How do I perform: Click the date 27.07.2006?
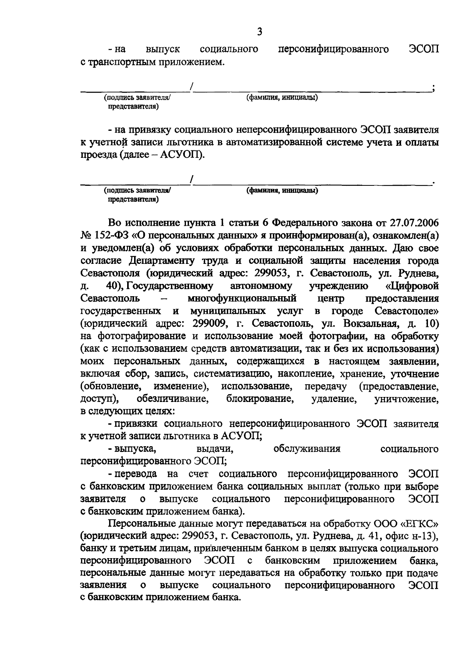414,223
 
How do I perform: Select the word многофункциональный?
242,298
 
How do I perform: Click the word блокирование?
260,399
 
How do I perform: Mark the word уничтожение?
406,399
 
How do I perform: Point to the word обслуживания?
307,449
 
